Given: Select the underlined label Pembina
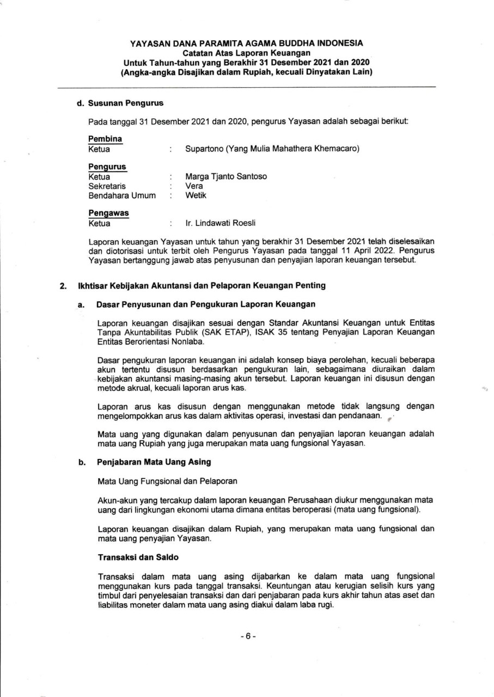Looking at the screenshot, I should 105,138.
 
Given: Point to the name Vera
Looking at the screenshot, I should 194,186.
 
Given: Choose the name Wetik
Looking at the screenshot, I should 196,195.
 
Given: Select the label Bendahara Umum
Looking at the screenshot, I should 121,195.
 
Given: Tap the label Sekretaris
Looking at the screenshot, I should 107,186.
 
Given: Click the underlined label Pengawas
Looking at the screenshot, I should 108,213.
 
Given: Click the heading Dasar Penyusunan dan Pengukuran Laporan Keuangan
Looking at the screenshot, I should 206,304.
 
